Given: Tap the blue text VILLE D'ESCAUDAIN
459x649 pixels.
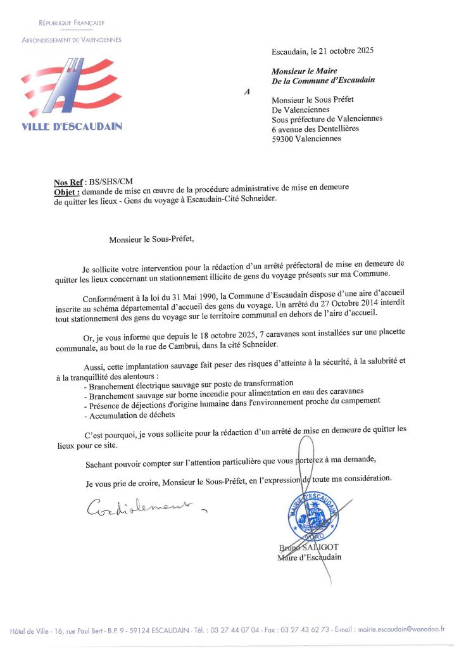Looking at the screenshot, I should (72, 126).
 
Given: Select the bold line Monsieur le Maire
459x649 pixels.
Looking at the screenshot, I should (304, 72).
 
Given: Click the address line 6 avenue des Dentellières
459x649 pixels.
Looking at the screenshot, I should (315, 129).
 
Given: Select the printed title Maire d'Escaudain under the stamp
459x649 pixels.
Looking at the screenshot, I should (309, 557).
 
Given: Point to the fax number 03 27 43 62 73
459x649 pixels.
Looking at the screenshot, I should (301, 629).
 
